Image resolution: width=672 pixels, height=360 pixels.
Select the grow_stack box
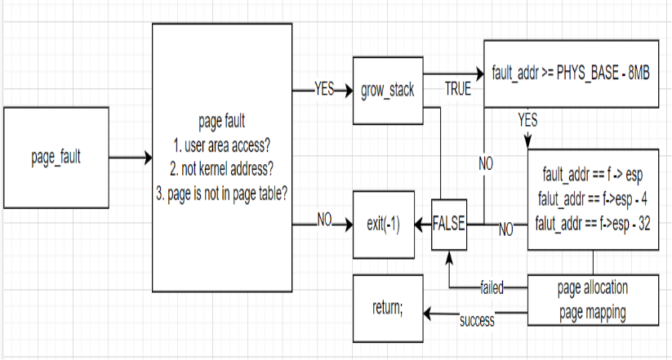coord(387,90)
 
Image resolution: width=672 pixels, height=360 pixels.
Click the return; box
coord(388,308)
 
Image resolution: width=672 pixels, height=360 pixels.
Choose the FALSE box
coord(449,222)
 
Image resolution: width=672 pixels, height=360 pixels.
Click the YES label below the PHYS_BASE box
coord(527,119)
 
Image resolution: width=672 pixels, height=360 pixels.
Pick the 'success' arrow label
coord(477,320)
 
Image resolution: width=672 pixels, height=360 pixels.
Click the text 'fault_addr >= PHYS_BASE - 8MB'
coord(571,73)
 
